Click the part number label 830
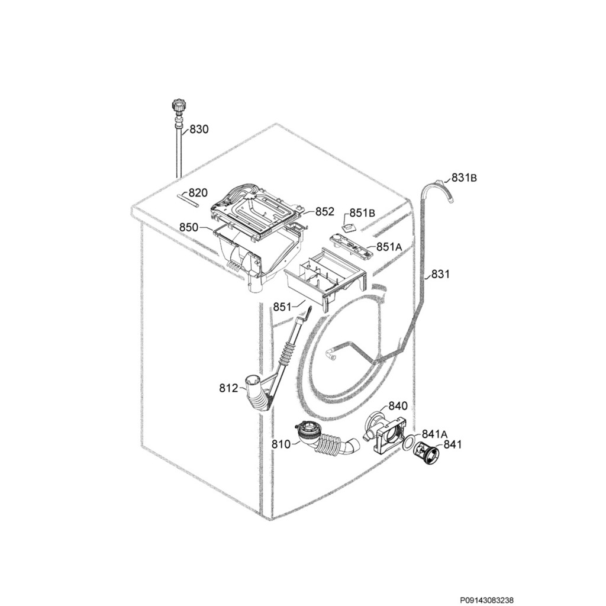click(x=199, y=129)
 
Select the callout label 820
click(x=198, y=193)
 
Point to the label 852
click(x=324, y=211)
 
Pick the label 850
click(x=189, y=227)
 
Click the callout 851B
click(x=362, y=213)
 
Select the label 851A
click(x=389, y=247)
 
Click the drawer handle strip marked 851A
click(x=353, y=245)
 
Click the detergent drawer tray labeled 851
click(x=326, y=279)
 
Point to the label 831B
click(x=465, y=177)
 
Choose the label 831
click(x=440, y=274)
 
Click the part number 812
click(x=228, y=388)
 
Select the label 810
click(x=281, y=444)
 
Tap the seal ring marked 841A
click(x=408, y=442)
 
